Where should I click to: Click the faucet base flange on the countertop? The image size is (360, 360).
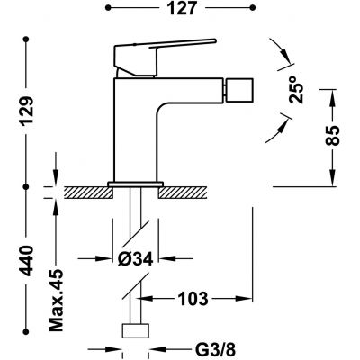134,184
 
